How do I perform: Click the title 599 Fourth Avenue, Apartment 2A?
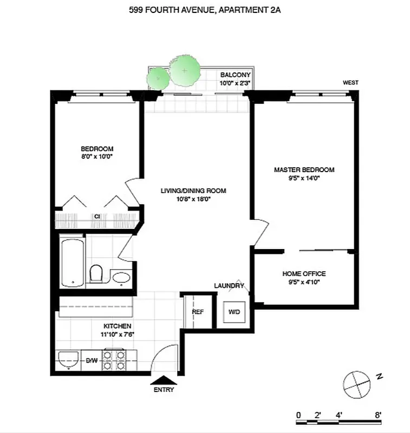point(205,9)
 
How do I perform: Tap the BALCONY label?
point(235,75)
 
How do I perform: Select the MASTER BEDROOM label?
point(304,169)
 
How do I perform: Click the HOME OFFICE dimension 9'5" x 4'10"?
point(304,281)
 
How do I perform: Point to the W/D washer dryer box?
point(235,312)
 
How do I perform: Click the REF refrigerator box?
point(197,312)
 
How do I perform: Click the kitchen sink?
point(68,360)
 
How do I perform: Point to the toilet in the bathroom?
point(97,273)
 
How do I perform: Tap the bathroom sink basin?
point(121,278)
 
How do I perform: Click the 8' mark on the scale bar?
point(378,415)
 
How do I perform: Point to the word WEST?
point(350,83)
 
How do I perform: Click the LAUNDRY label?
point(229,286)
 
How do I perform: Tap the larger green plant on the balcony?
point(185,71)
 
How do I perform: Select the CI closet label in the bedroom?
point(97,216)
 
